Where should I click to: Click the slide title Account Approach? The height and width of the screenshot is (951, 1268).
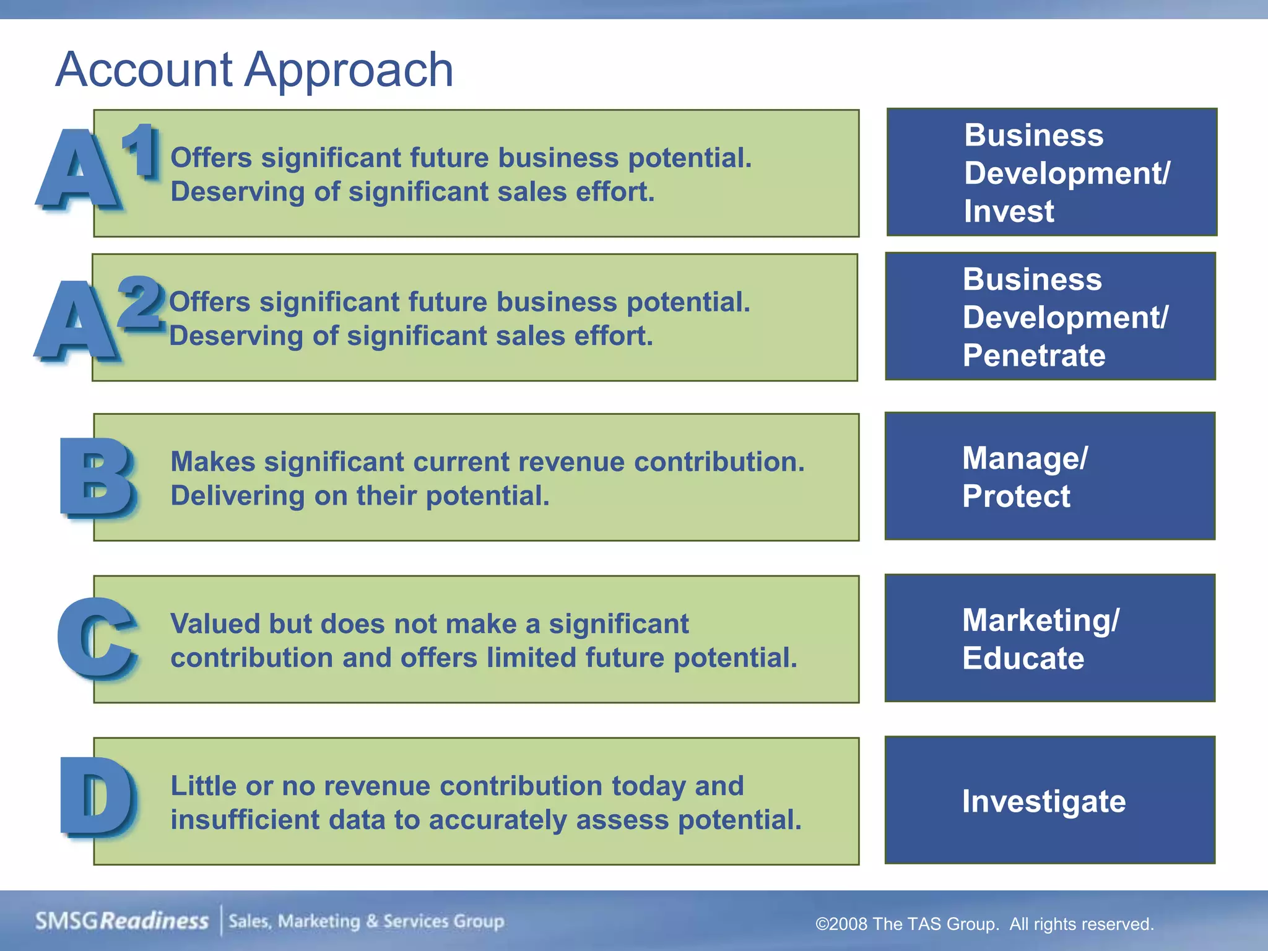coord(254,69)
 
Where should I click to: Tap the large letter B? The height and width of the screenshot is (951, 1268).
coord(98,477)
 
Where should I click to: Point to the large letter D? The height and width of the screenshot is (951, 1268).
coord(98,797)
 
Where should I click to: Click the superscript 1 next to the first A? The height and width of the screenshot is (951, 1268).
coord(142,150)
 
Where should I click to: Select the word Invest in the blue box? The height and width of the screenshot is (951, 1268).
coord(1009,211)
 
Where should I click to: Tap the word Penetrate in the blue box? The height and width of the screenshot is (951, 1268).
coord(1034,355)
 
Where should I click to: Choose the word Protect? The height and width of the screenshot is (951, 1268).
coord(1016,496)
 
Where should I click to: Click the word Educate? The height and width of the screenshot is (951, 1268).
coord(1023,658)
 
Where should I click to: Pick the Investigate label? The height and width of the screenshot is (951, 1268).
coord(1044,801)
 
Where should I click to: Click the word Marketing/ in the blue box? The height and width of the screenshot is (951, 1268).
coord(1041,620)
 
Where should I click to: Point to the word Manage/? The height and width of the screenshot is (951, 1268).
coord(1025,458)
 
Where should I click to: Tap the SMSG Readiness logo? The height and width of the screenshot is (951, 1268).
coord(122,921)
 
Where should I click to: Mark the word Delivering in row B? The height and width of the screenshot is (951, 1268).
coord(238,496)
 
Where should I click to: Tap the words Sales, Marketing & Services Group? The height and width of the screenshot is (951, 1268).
coord(367,921)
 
